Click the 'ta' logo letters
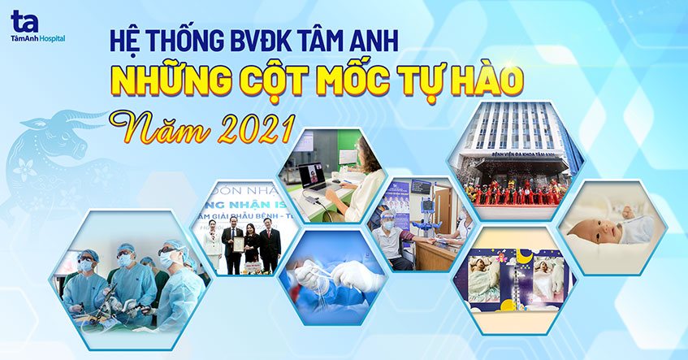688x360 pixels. point(24,20)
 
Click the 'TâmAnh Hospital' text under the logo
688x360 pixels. point(37,38)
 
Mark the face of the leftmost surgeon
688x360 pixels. point(86,265)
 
